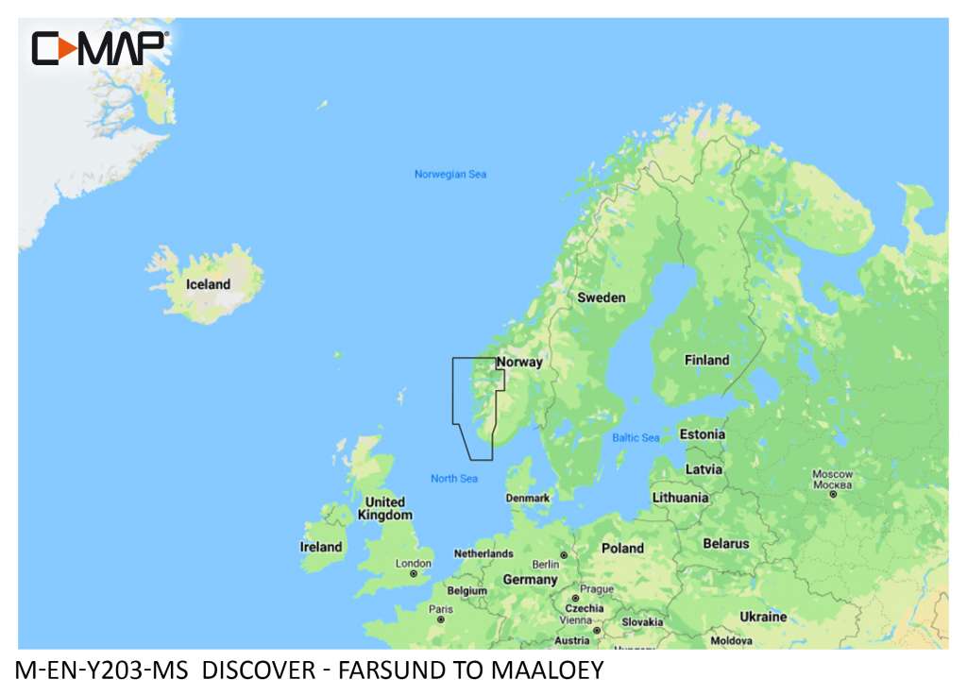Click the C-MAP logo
point(99,48)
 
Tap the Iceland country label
point(208,284)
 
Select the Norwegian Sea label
point(450,174)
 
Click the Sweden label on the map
point(602,297)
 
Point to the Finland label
point(706,360)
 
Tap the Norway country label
point(519,362)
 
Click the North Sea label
point(454,479)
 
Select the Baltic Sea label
point(636,437)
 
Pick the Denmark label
point(528,498)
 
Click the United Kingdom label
point(385,508)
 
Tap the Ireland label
point(321,547)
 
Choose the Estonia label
point(703,434)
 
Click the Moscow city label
point(833,474)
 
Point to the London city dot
point(414,574)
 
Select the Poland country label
point(622,548)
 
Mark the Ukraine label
point(763,617)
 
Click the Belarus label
point(726,543)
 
